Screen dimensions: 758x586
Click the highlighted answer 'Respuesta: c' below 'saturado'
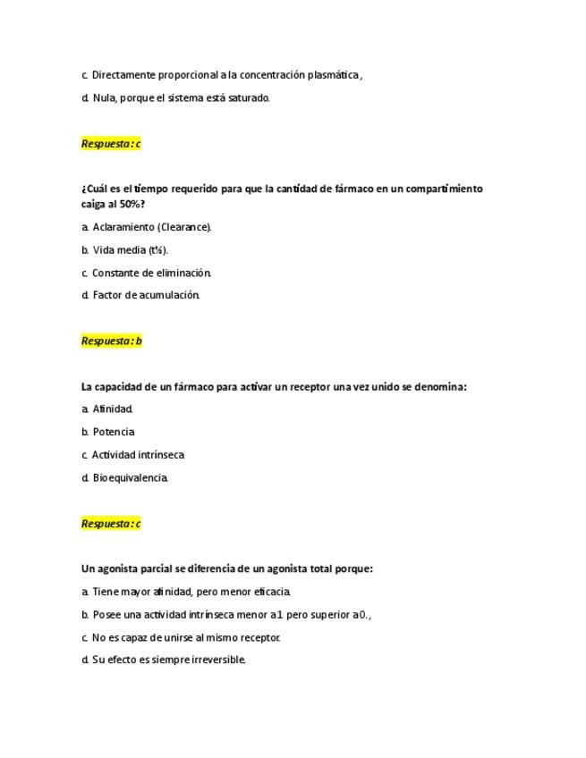pos(111,144)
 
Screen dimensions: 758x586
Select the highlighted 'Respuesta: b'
pos(112,341)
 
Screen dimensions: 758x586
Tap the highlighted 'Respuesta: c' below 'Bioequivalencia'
pos(111,524)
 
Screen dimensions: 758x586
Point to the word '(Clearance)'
pos(185,227)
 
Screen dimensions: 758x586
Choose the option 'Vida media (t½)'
pos(130,250)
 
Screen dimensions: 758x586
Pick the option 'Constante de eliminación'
pos(151,273)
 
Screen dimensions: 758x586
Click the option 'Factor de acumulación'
pos(146,295)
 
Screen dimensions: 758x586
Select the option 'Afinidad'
pos(113,409)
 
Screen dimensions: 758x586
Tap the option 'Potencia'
pos(114,432)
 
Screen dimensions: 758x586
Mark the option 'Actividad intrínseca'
pos(138,455)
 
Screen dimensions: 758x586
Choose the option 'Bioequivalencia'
pos(130,478)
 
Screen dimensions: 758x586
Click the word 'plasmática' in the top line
pos(333,75)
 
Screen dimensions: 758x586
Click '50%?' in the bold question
pos(132,205)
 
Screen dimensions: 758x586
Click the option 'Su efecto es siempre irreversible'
pos(168,661)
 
